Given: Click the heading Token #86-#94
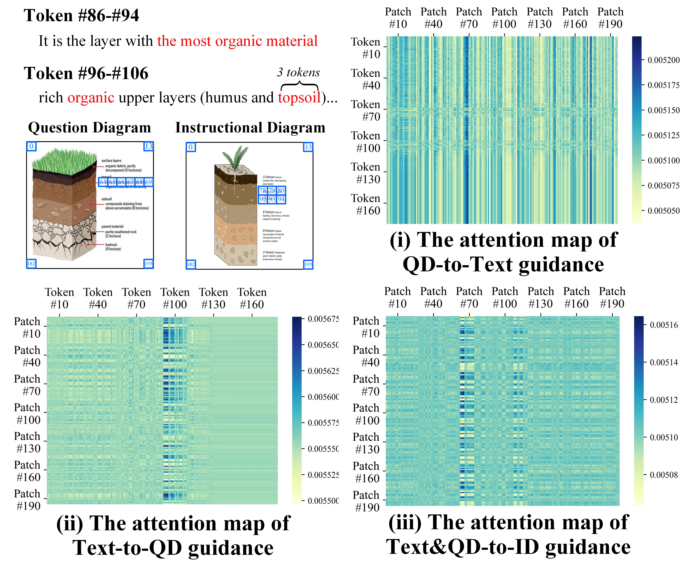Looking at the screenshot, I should (x=81, y=16).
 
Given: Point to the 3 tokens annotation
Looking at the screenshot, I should (x=298, y=72).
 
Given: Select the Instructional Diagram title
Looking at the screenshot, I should (x=250, y=128).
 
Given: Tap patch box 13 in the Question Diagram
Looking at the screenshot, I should (x=148, y=146).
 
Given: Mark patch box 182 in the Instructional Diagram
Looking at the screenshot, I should (x=191, y=264).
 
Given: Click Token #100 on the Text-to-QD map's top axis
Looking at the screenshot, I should (x=175, y=298).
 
